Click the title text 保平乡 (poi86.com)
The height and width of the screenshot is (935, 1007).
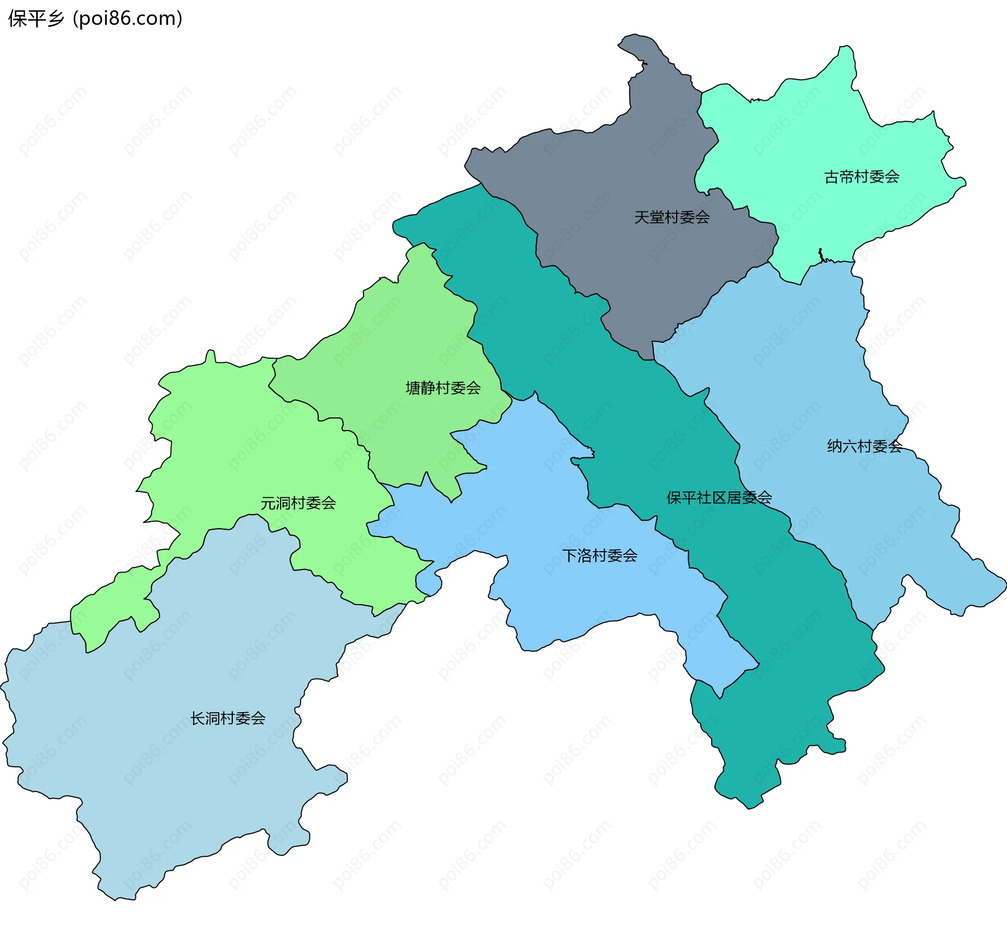click(95, 18)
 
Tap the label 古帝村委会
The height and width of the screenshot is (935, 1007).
click(861, 177)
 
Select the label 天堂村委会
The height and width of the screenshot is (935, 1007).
click(671, 217)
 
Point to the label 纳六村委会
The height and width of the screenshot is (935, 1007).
click(864, 446)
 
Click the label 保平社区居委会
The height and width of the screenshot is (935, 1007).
click(719, 498)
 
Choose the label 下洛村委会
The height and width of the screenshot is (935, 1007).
click(599, 555)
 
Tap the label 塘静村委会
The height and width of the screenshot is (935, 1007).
click(443, 388)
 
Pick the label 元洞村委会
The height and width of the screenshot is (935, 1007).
click(298, 503)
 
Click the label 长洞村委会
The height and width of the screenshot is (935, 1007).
click(227, 718)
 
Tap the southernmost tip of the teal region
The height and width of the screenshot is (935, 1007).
click(749, 805)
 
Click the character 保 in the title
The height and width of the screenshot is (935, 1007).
click(17, 18)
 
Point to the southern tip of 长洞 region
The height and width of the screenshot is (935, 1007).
click(116, 898)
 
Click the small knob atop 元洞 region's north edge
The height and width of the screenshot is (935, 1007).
click(210, 354)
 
